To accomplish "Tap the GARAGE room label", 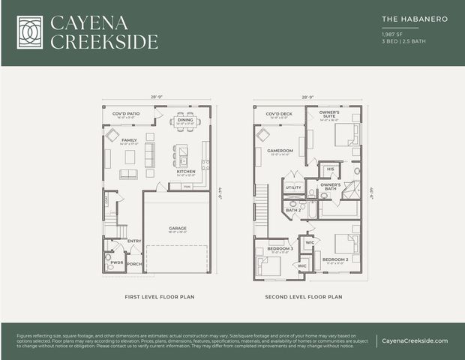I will click(x=178, y=229).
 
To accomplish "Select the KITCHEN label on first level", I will click(x=185, y=172).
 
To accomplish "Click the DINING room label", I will click(x=185, y=120).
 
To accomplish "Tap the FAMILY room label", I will click(x=129, y=140).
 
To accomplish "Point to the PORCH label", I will click(x=134, y=263).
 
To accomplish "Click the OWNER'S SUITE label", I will click(x=329, y=115).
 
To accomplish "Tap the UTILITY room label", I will click(x=293, y=187).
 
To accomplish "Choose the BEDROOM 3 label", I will click(x=280, y=248).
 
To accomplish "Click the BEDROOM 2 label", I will click(x=333, y=259).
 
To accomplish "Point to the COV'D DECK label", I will click(x=278, y=114).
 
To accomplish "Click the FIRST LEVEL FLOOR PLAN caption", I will click(x=159, y=297).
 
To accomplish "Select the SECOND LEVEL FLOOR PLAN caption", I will click(x=303, y=297).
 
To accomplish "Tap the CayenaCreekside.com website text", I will click(x=415, y=340).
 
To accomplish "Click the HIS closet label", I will click(x=330, y=169).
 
